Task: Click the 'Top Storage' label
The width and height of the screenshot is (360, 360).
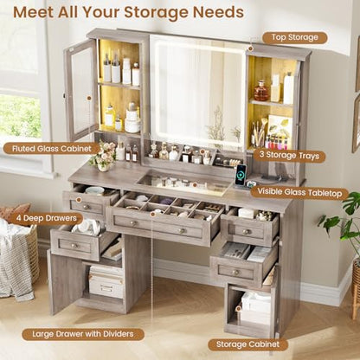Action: click(x=294, y=37)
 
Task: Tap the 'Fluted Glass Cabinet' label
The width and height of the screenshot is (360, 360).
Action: click(x=52, y=149)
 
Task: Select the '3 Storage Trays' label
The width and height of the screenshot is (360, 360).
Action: click(x=289, y=155)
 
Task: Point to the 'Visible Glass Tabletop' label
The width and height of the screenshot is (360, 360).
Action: click(x=299, y=192)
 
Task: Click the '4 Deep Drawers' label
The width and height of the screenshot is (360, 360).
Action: click(x=47, y=218)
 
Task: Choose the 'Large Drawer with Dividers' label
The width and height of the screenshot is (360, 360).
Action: click(x=83, y=334)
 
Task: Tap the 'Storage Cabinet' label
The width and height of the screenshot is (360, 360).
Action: click(x=247, y=344)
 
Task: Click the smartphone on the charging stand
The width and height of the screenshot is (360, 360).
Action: click(x=241, y=175)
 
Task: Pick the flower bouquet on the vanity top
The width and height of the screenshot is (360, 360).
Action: click(x=103, y=156)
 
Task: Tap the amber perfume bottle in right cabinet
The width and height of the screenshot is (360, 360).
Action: click(x=261, y=91)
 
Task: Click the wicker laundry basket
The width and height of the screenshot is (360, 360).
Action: click(x=19, y=254)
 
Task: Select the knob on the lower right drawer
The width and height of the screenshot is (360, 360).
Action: click(x=235, y=273)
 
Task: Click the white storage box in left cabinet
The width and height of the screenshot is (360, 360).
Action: click(x=106, y=282)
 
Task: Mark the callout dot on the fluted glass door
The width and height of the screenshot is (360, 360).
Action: click(x=89, y=99)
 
